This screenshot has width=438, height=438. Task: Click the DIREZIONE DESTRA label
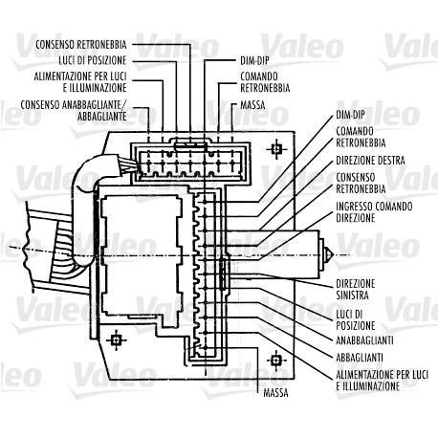[x=370, y=161]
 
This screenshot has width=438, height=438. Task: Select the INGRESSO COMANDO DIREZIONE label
[x=374, y=212]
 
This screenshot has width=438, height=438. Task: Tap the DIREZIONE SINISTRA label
[x=356, y=289]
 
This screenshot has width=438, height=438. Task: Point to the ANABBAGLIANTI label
[x=364, y=340]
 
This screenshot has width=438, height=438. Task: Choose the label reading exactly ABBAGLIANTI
[x=360, y=358]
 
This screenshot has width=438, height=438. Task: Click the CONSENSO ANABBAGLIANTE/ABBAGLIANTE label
[x=74, y=110]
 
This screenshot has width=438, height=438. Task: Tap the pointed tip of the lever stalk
[x=333, y=255]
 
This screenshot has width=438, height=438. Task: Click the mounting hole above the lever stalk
[x=276, y=148]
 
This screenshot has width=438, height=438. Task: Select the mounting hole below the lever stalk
[x=275, y=361]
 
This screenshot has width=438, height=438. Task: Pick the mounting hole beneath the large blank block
[x=116, y=340]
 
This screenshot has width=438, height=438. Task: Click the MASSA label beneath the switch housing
[x=275, y=393]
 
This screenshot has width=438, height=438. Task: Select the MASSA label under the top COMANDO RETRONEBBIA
[x=252, y=105]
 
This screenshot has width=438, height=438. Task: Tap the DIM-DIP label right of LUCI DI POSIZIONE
[x=254, y=60]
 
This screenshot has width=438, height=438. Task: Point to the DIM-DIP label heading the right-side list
[x=350, y=115]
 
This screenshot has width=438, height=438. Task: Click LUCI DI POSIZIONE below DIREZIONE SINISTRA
[x=356, y=319]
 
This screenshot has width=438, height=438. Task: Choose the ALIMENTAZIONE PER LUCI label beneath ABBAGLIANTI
[x=383, y=381]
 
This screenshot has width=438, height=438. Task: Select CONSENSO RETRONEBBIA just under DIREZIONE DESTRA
[x=361, y=183]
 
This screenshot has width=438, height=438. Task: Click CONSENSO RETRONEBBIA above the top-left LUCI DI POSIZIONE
[x=81, y=44]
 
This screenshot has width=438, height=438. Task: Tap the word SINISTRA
[x=353, y=295]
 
